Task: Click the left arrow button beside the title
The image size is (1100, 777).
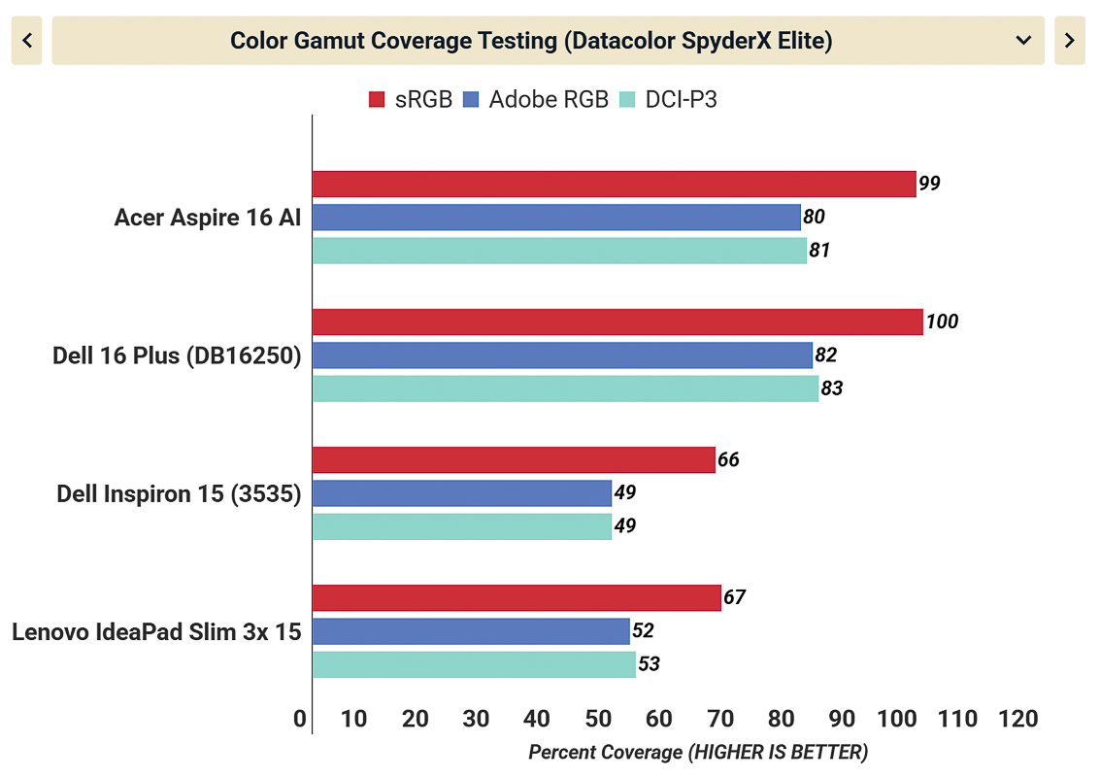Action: [x=26, y=40]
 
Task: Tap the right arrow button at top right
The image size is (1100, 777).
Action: [x=1069, y=40]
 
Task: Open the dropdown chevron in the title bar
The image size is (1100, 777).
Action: [x=1022, y=40]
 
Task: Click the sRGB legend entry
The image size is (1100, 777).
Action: [x=411, y=99]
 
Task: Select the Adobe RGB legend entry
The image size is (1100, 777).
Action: [x=537, y=99]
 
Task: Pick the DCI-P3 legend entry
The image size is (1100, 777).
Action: [x=670, y=99]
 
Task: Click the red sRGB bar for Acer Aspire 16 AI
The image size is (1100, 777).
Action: [x=614, y=184]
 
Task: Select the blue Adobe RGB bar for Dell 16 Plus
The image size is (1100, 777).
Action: [x=562, y=355]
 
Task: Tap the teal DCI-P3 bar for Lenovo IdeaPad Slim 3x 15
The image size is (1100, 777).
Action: [x=474, y=664]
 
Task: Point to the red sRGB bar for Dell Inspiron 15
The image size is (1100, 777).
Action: [x=514, y=459]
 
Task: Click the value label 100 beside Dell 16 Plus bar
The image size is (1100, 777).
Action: [x=942, y=321]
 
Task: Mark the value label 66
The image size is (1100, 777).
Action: [x=728, y=459]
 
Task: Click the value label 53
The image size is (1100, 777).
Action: [x=650, y=664]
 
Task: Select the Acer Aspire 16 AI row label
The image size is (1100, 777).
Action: [x=208, y=218]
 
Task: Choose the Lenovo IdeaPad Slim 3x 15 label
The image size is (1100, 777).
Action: [x=156, y=632]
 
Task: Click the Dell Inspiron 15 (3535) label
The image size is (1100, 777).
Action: [x=179, y=494]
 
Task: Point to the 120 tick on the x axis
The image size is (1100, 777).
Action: [x=1017, y=720]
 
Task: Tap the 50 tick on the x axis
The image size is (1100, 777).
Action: [x=597, y=720]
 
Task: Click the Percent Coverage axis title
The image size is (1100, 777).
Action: [x=698, y=753]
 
